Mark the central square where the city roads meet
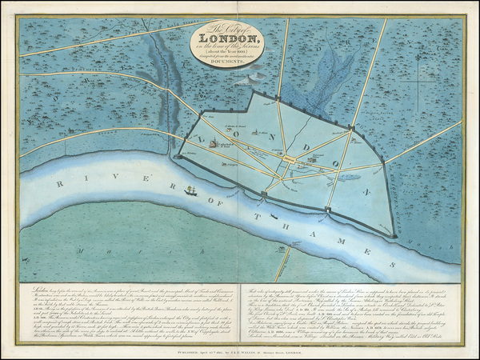coord(288,160)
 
